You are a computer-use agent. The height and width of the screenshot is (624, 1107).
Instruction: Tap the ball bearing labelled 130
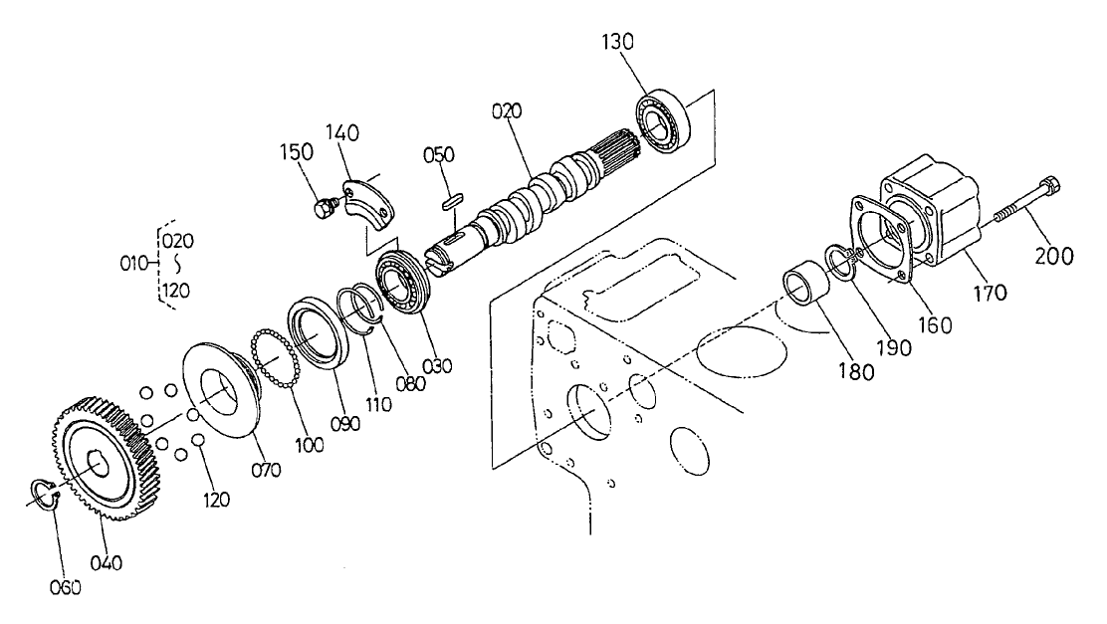(x=660, y=121)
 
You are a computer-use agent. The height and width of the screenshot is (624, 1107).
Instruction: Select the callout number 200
(x=1053, y=255)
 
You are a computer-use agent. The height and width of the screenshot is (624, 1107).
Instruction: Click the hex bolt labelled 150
(x=323, y=208)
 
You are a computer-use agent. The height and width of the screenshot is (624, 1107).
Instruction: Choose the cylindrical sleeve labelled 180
(x=802, y=286)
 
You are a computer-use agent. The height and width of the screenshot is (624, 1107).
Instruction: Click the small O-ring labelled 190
(x=841, y=263)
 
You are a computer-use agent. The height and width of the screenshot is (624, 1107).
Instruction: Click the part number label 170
(x=990, y=293)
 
